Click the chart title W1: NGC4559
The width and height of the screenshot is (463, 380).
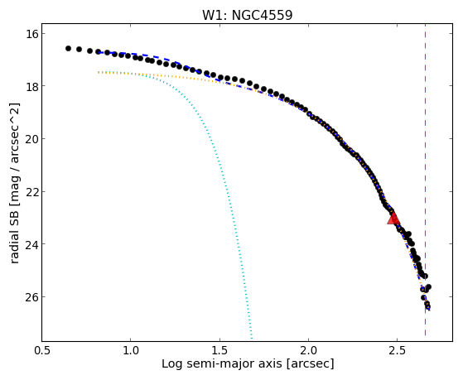point(247,15)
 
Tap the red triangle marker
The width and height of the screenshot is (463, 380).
point(393,219)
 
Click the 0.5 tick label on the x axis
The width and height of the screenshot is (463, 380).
point(42,350)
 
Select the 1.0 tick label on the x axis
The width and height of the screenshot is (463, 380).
point(131,350)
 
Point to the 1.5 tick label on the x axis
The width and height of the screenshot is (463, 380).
point(219,350)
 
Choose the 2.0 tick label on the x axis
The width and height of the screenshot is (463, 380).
point(309,350)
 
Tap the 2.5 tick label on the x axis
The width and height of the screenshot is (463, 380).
point(398,350)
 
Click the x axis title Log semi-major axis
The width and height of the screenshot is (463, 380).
point(222,363)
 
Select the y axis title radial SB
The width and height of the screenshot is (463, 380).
point(14,239)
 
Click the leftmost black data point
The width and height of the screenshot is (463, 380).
point(68,48)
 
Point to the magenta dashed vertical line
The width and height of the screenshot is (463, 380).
point(425,180)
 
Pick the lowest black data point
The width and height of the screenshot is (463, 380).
point(427,306)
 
